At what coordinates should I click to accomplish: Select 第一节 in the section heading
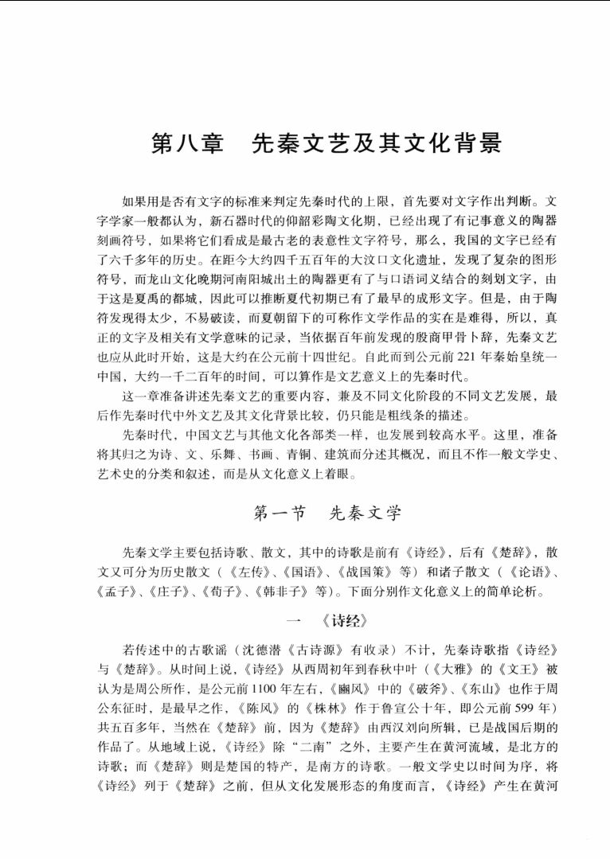click(280, 513)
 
